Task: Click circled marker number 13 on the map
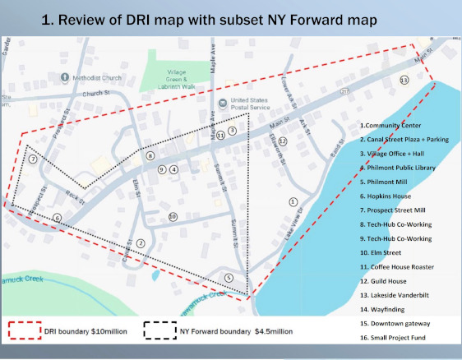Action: tap(403, 80)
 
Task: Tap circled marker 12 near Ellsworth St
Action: tap(282, 141)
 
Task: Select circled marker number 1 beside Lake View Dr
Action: tap(293, 201)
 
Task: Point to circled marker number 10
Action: tap(173, 217)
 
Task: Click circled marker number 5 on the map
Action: tap(229, 278)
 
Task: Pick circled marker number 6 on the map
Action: tap(57, 218)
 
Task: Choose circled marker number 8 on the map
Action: tap(150, 155)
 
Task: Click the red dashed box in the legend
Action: tap(26, 333)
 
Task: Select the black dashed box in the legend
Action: tap(160, 333)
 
